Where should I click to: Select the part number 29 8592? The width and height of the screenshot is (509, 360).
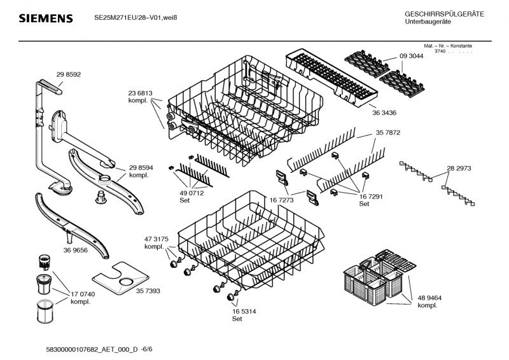click(x=69, y=75)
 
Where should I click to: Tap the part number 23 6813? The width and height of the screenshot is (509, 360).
click(x=141, y=93)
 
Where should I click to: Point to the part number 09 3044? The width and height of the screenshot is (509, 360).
click(x=411, y=57)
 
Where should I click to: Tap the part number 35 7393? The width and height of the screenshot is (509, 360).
click(x=148, y=291)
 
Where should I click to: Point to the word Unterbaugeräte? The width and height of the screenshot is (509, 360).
click(x=428, y=22)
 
